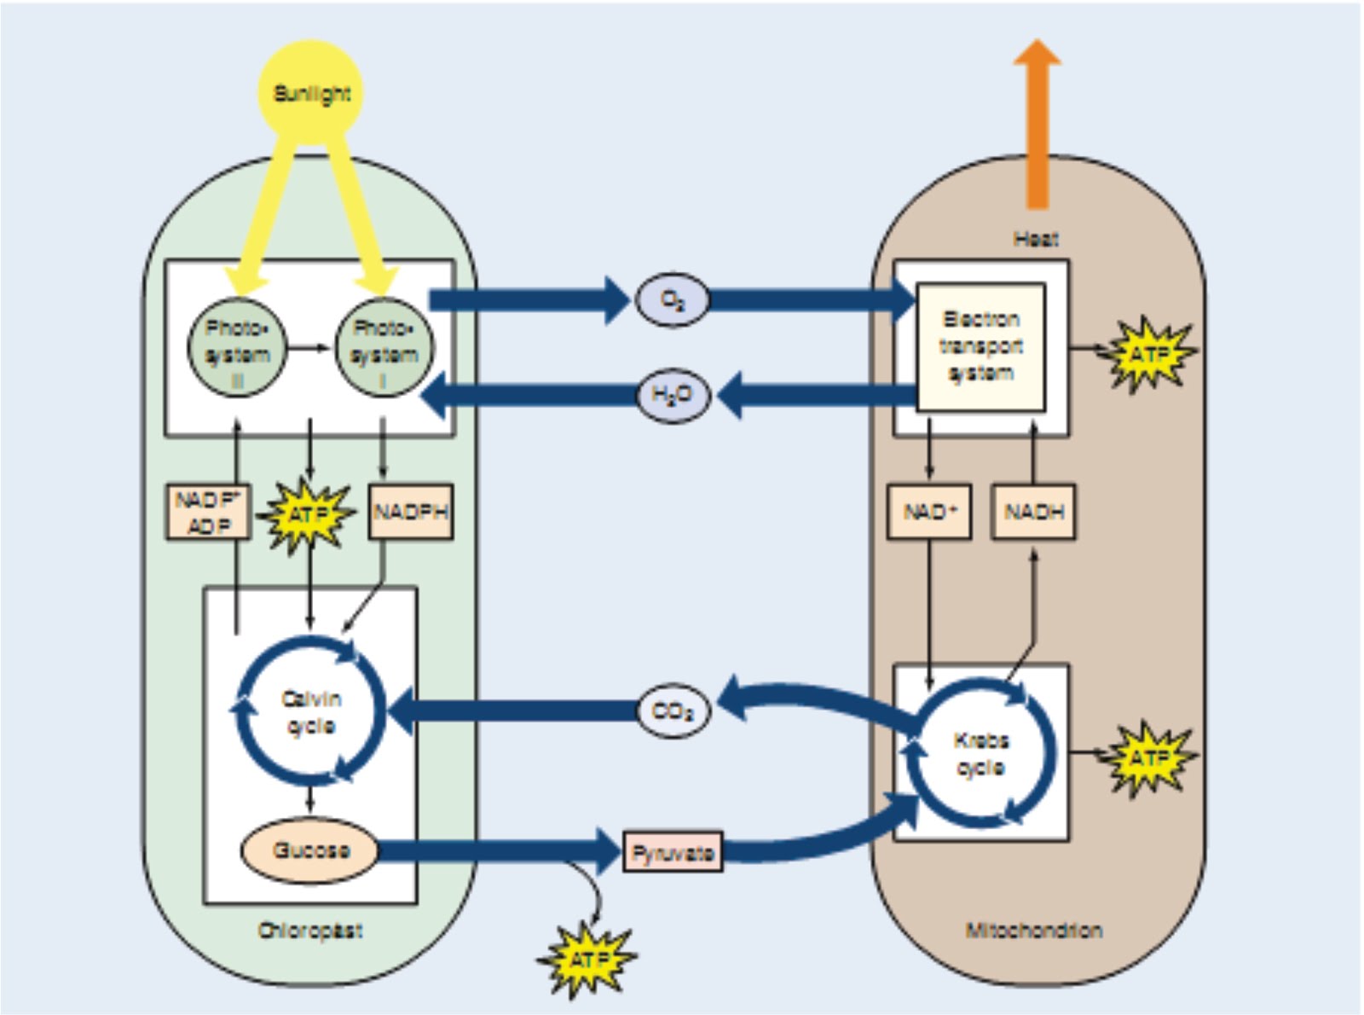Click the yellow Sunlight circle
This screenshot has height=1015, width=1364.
pyautogui.click(x=311, y=92)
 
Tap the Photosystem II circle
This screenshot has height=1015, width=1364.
pyautogui.click(x=237, y=348)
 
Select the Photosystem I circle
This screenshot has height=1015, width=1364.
pyautogui.click(x=384, y=348)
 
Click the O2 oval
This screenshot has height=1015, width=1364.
pyautogui.click(x=672, y=300)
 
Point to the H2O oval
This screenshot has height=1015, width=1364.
pyautogui.click(x=673, y=395)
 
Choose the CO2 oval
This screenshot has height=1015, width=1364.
pyautogui.click(x=673, y=710)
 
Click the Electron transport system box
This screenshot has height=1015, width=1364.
pyautogui.click(x=980, y=346)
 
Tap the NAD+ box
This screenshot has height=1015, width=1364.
pyautogui.click(x=929, y=512)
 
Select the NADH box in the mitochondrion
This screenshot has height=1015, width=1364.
pyautogui.click(x=1033, y=512)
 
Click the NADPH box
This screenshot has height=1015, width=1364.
pyautogui.click(x=410, y=512)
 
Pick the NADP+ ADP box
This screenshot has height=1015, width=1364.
pyautogui.click(x=209, y=512)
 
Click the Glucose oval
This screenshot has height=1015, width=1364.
pyautogui.click(x=310, y=850)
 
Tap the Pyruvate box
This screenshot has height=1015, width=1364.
pyautogui.click(x=673, y=852)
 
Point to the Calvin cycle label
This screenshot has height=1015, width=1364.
pyautogui.click(x=311, y=712)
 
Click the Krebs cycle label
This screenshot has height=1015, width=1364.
pyautogui.click(x=980, y=754)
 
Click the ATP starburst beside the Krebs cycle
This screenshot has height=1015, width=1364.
pyautogui.click(x=1148, y=757)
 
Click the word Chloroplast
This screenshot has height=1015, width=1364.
pyautogui.click(x=310, y=931)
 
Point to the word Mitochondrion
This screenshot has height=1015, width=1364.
pyautogui.click(x=1033, y=931)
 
